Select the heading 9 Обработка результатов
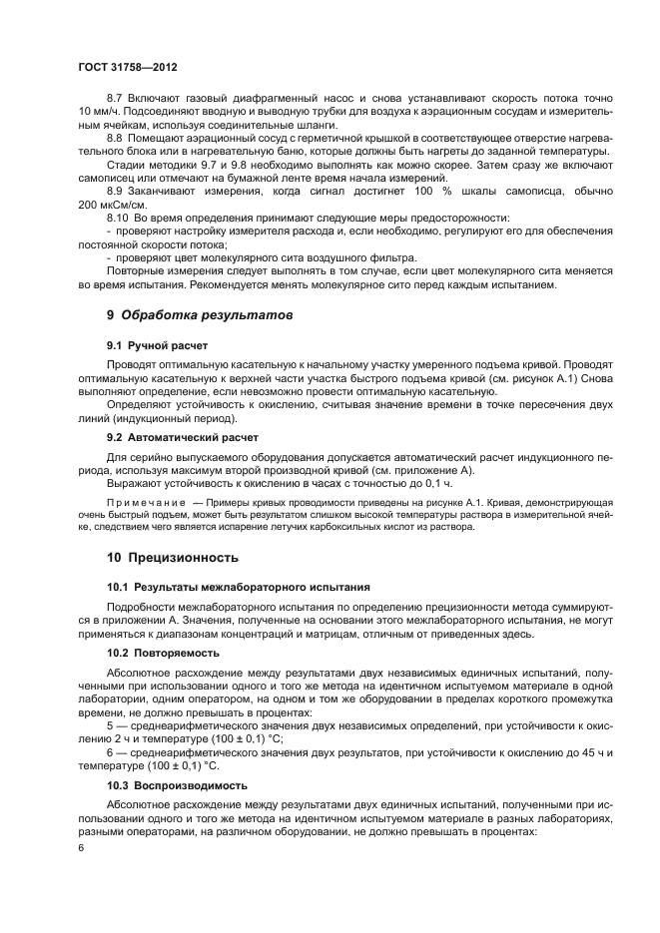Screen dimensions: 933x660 tap(200, 315)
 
